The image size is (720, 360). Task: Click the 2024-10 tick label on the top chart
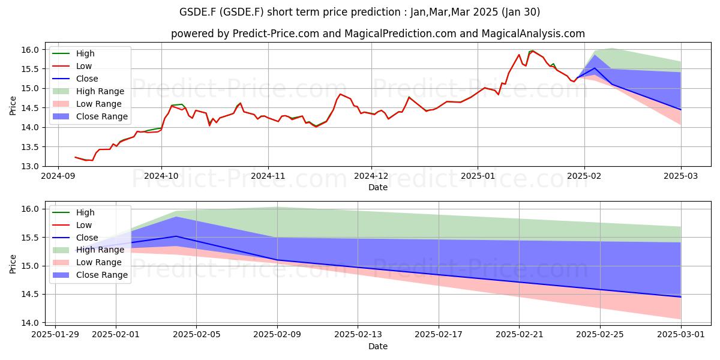pos(161,176)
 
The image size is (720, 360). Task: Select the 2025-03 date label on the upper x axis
pos(681,176)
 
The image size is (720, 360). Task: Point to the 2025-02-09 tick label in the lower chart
pos(277,335)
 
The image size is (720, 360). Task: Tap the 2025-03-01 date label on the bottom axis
pos(681,335)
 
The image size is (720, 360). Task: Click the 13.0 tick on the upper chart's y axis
pos(30,167)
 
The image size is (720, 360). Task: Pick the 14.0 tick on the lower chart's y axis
pos(30,323)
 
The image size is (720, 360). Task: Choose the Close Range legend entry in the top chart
pos(91,116)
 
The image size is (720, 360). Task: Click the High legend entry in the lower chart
pos(74,212)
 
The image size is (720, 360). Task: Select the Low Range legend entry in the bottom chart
pos(87,262)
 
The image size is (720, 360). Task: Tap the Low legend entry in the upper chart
pos(72,66)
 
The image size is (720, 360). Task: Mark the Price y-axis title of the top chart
pos(13,106)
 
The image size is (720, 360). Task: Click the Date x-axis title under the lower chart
pos(378,346)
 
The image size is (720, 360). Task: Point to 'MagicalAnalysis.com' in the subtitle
pos(533,34)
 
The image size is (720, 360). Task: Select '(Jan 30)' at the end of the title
pos(520,12)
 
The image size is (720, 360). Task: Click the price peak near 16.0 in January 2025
pos(533,51)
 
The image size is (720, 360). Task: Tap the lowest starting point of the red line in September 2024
pos(92,160)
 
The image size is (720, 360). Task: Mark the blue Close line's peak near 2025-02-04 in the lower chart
pos(176,236)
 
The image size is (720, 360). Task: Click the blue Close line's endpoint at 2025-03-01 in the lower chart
pos(680,297)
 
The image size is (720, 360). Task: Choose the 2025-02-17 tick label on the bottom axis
pos(439,335)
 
